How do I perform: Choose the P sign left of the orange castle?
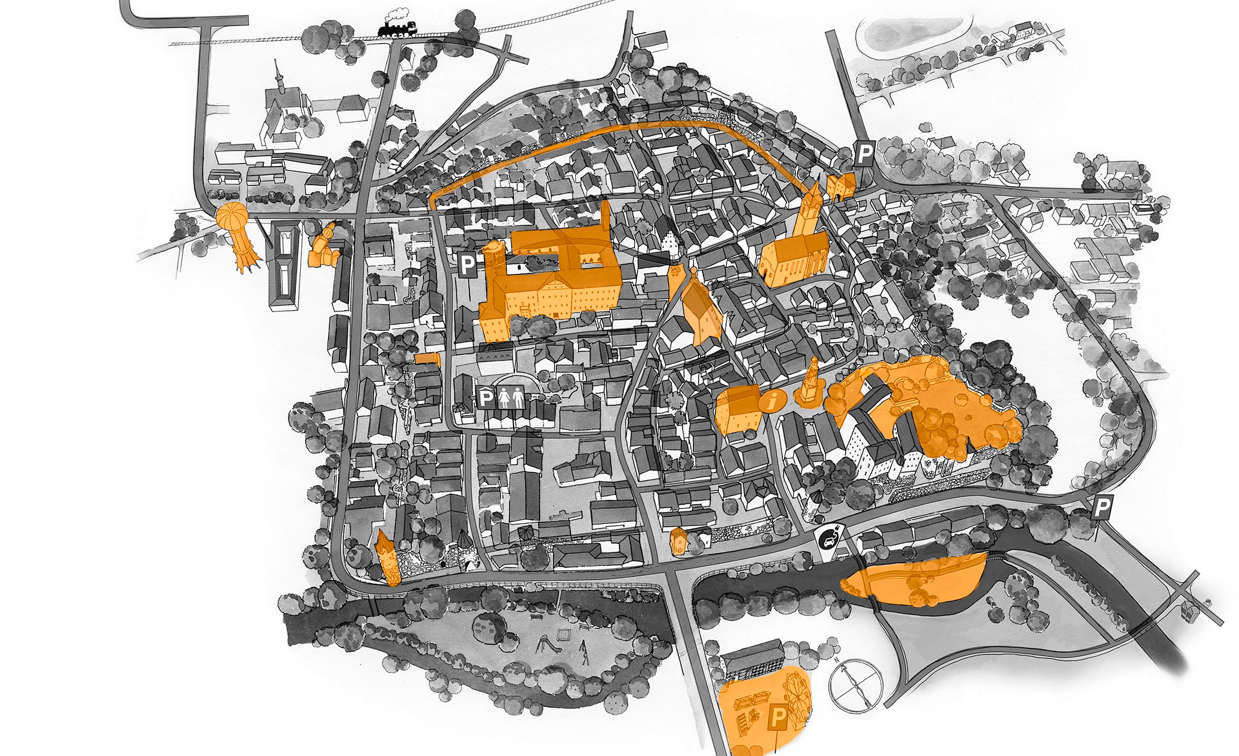467,264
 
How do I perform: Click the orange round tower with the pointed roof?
387,558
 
